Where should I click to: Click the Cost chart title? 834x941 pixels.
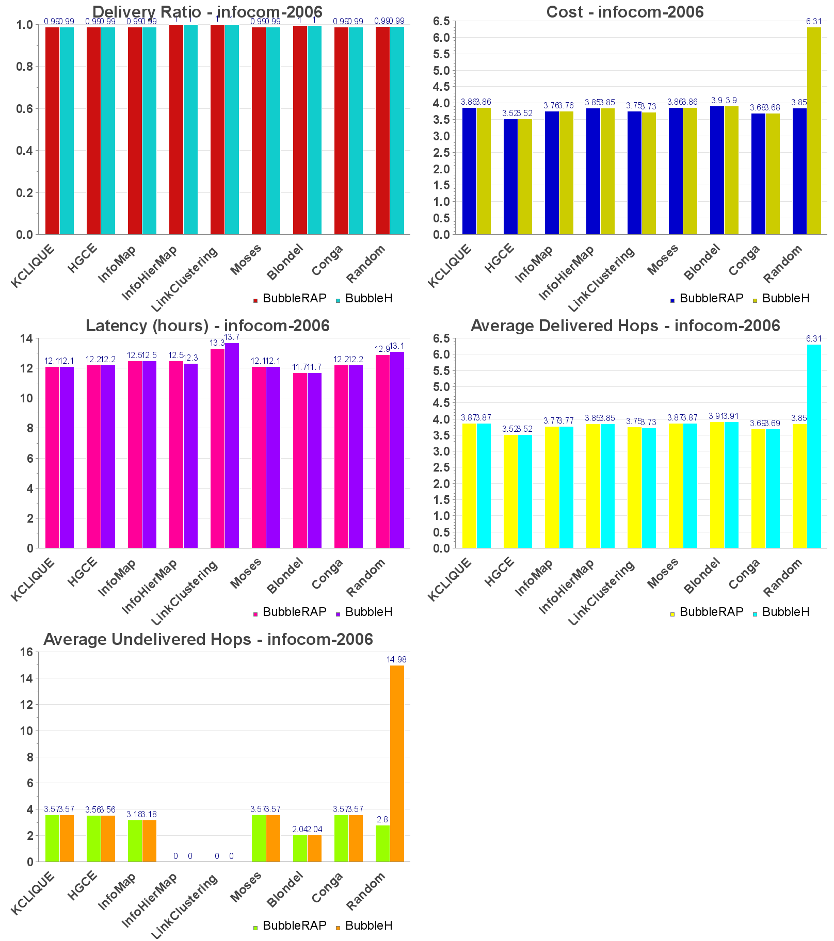click(x=624, y=12)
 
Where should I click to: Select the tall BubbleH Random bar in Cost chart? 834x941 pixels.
click(x=814, y=131)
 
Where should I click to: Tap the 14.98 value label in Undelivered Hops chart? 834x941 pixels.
click(x=396, y=659)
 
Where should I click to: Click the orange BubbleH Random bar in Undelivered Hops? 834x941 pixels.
click(x=397, y=764)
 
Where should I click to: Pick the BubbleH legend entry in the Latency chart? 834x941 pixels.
click(x=368, y=612)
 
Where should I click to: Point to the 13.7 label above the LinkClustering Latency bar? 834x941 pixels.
click(x=232, y=337)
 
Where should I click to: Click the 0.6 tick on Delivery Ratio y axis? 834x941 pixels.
click(x=24, y=108)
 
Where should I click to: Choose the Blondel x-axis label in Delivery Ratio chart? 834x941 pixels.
click(x=284, y=263)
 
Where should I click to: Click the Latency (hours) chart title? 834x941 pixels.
click(x=207, y=326)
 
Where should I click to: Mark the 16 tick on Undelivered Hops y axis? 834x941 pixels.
click(x=26, y=652)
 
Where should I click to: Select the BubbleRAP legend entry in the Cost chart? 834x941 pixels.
click(x=711, y=298)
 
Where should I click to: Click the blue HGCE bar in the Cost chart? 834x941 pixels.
click(x=510, y=177)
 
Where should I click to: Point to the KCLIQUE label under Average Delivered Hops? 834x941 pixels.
click(x=450, y=579)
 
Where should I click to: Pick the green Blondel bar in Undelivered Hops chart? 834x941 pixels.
click(x=300, y=848)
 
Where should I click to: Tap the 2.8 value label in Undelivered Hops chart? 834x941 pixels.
click(x=382, y=819)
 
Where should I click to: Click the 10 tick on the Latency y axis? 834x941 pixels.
click(x=26, y=398)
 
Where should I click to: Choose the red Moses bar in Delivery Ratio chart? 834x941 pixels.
click(x=259, y=131)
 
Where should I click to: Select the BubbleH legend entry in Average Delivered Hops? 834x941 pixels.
click(x=785, y=612)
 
